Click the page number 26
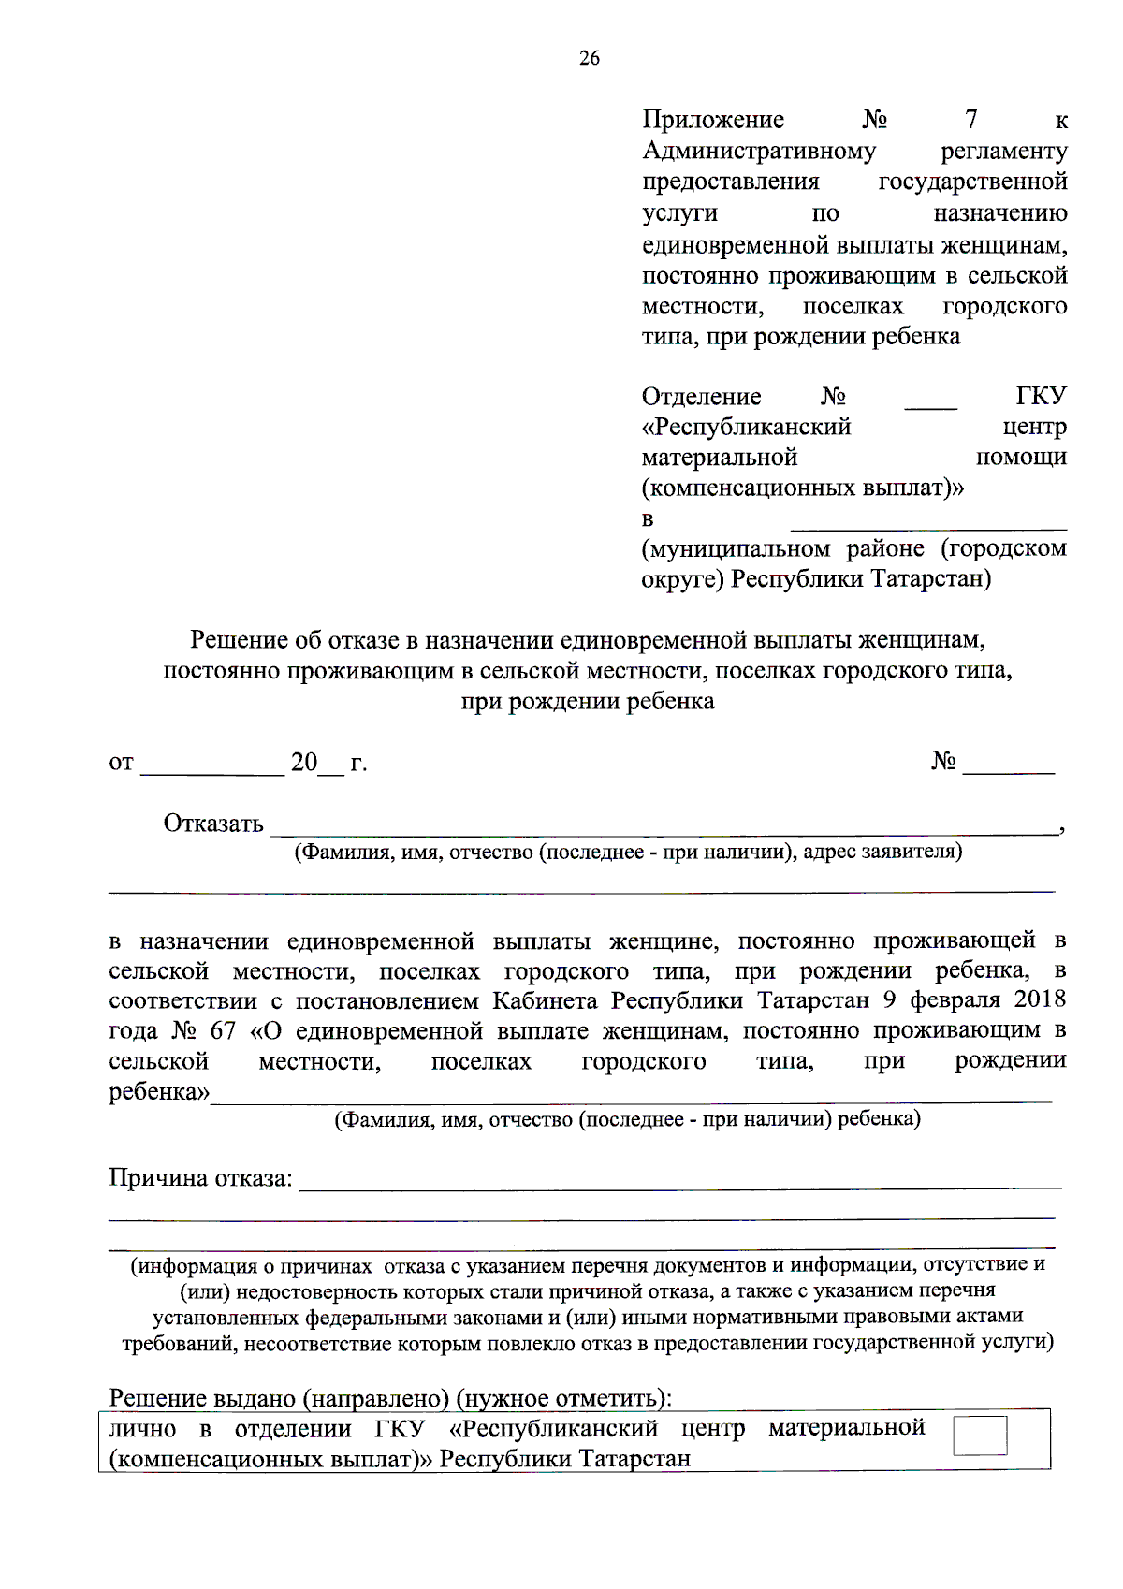589,58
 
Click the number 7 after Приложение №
970,120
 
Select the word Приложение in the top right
713,120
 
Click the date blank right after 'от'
212,765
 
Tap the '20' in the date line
304,763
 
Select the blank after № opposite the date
1008,765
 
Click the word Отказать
213,824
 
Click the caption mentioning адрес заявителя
628,852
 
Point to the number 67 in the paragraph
223,1031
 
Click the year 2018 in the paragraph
1040,999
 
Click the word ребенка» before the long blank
159,1092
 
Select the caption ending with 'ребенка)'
628,1119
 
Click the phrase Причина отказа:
200,1178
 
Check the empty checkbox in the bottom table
980,1436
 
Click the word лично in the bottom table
142,1429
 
